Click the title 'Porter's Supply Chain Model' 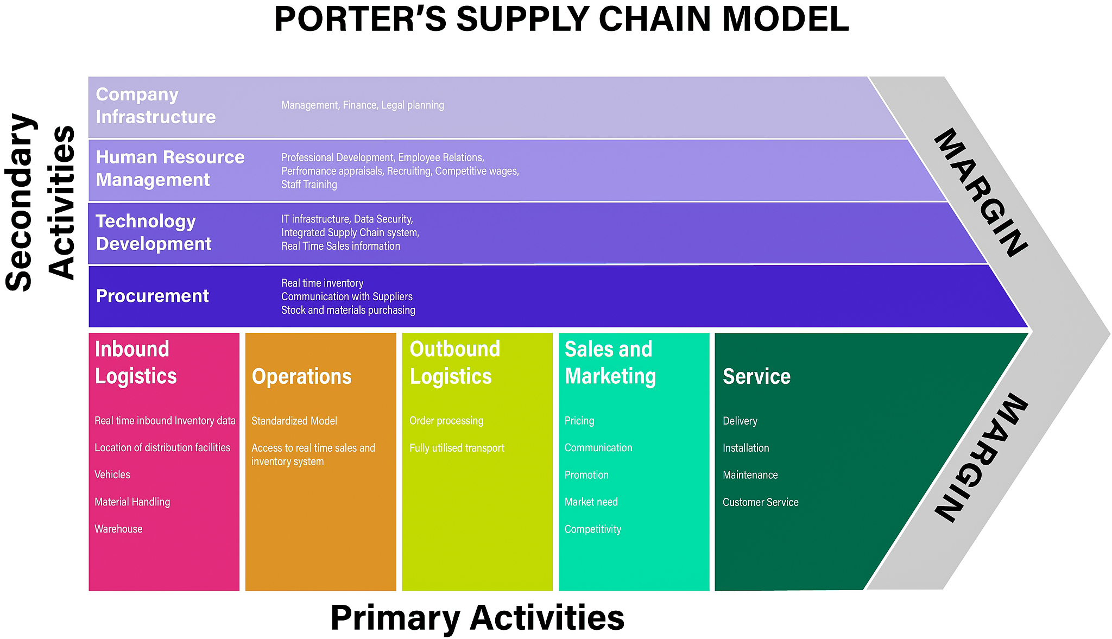pyautogui.click(x=561, y=20)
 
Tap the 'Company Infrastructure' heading pyautogui.click(x=156, y=106)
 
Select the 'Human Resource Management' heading pyautogui.click(x=170, y=168)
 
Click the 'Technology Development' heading pyautogui.click(x=153, y=232)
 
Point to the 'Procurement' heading pyautogui.click(x=152, y=296)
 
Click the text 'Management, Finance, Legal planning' pyautogui.click(x=362, y=105)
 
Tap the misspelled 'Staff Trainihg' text pyautogui.click(x=309, y=185)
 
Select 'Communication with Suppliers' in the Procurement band pyautogui.click(x=346, y=296)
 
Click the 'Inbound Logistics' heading pyautogui.click(x=135, y=362)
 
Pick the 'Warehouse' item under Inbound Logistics pyautogui.click(x=118, y=529)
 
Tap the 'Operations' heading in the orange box pyautogui.click(x=301, y=376)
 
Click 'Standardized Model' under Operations pyautogui.click(x=294, y=421)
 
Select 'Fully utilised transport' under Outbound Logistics pyautogui.click(x=457, y=448)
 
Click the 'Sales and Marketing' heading pyautogui.click(x=610, y=362)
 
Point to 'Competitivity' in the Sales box pyautogui.click(x=592, y=529)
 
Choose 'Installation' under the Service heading pyautogui.click(x=745, y=448)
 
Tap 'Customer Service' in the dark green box pyautogui.click(x=760, y=502)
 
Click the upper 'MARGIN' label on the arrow pyautogui.click(x=980, y=193)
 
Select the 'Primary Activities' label pyautogui.click(x=477, y=618)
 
